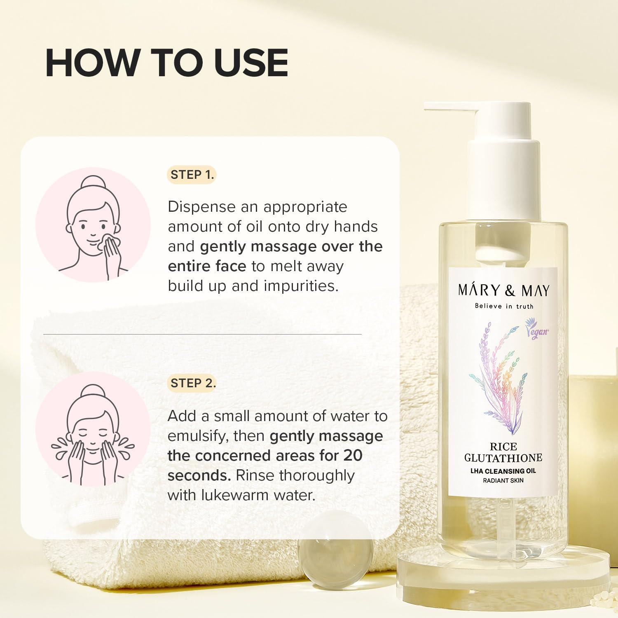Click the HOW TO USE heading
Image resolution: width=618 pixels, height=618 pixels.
[166, 63]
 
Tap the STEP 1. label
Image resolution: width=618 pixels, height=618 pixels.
[192, 175]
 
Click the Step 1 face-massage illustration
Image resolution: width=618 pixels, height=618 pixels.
[93, 225]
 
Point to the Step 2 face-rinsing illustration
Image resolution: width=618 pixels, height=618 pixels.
[93, 433]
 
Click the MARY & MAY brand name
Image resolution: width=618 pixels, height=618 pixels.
[503, 290]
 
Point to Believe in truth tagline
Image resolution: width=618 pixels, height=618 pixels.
[503, 306]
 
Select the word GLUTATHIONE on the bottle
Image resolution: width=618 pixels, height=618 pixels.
[503, 458]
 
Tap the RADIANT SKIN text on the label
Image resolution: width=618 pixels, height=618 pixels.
[503, 480]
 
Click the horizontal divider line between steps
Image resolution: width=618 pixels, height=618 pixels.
[202, 334]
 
